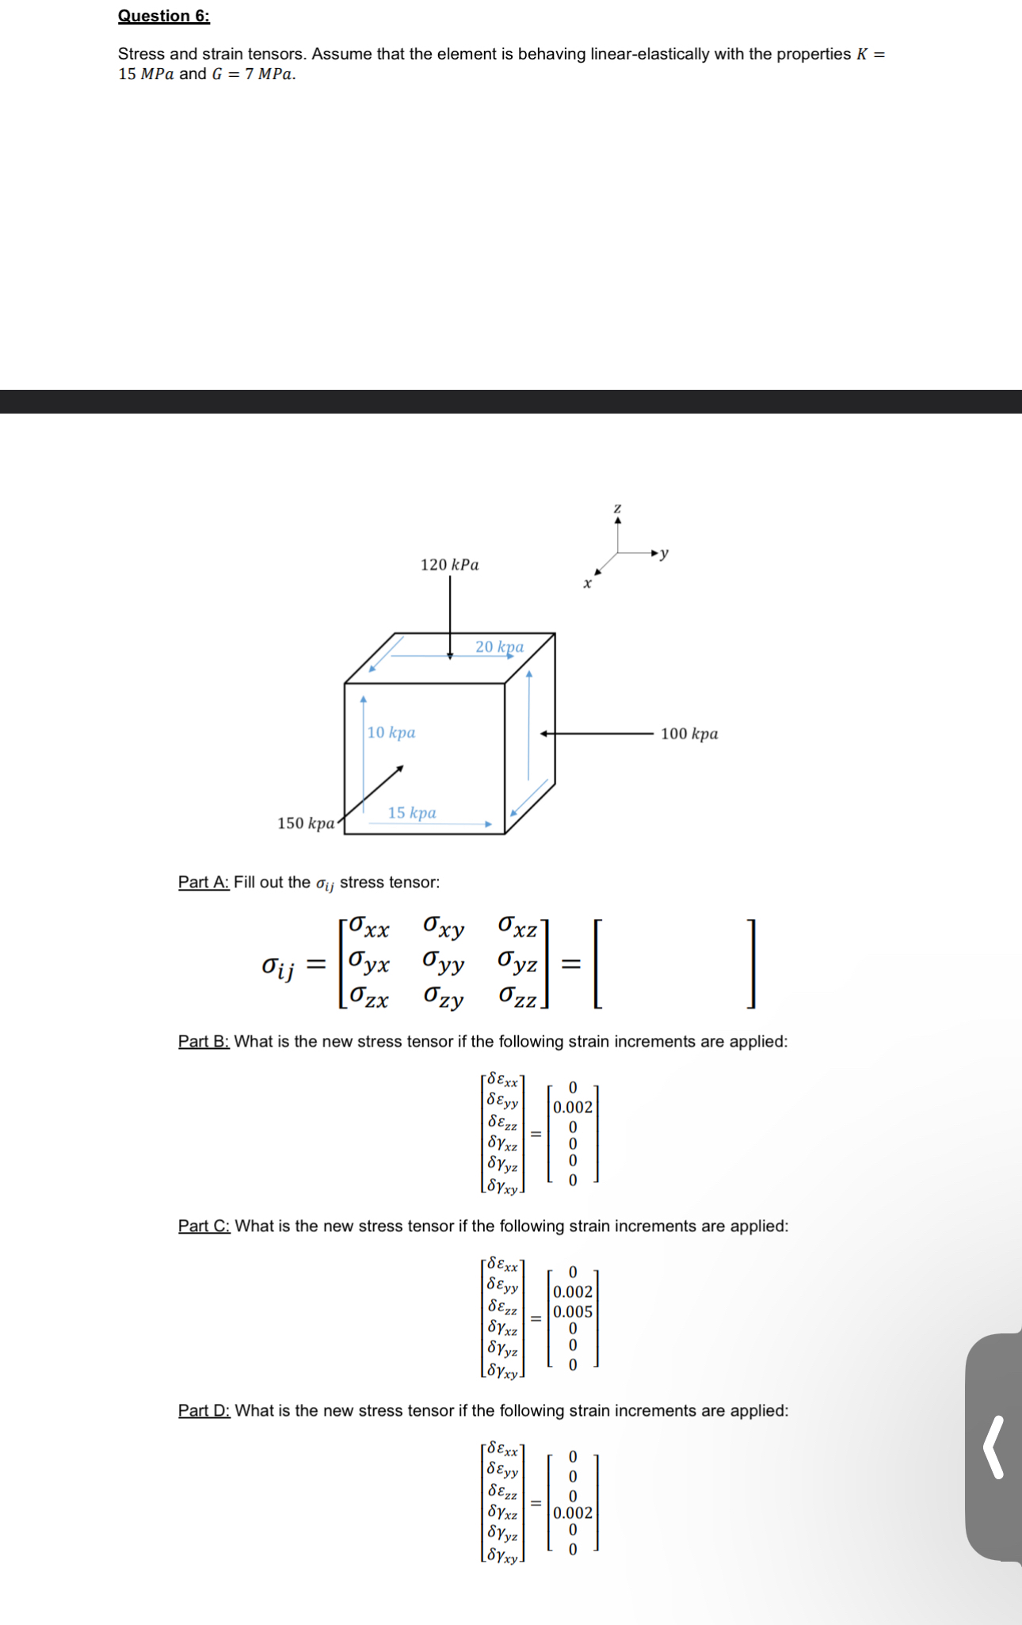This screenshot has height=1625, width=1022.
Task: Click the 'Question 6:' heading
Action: (x=164, y=16)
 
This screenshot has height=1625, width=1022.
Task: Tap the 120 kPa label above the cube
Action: (x=449, y=565)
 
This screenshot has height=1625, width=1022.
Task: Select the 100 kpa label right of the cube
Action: (x=689, y=734)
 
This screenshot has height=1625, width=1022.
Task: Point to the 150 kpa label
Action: (x=306, y=823)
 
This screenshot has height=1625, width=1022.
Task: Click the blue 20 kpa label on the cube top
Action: (x=499, y=647)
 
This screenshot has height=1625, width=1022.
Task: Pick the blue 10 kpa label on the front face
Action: (x=391, y=733)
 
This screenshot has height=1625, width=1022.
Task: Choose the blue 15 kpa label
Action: (x=412, y=813)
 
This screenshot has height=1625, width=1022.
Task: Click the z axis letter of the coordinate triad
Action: (x=618, y=507)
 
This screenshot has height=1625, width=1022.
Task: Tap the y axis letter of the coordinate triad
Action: (x=665, y=552)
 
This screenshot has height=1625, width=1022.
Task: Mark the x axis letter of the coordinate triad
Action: (x=587, y=584)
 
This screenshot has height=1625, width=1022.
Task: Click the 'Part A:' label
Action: (x=204, y=882)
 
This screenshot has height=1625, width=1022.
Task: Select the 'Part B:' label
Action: (x=204, y=1041)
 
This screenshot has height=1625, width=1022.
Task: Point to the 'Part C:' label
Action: (x=204, y=1226)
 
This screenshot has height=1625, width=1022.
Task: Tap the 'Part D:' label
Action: (x=204, y=1410)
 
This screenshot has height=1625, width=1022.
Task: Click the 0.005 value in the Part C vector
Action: (x=573, y=1311)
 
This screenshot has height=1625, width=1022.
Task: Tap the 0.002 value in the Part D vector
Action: (x=573, y=1512)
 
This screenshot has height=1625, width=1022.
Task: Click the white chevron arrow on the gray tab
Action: (x=994, y=1447)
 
